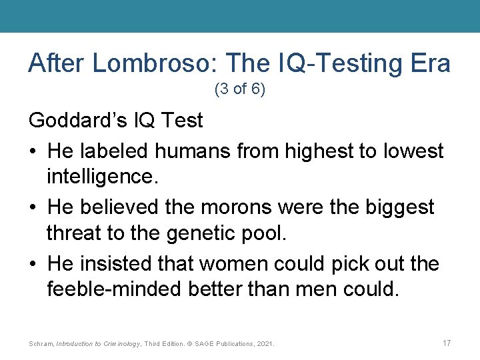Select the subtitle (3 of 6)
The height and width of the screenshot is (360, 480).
point(239,89)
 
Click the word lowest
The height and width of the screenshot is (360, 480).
point(414,151)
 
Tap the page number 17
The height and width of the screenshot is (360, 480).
point(446,343)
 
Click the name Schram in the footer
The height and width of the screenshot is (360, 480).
point(41,344)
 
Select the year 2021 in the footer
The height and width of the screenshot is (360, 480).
point(265,344)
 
